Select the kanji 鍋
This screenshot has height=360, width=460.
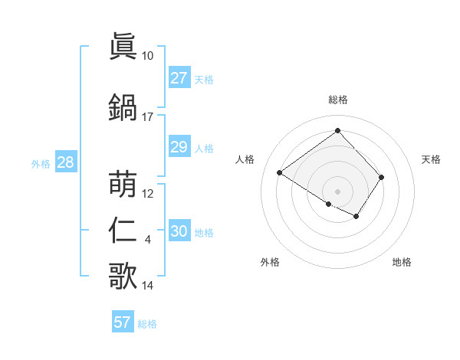tap(123, 107)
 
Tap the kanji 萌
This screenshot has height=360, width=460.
tap(123, 184)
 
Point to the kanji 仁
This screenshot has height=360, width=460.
tap(123, 231)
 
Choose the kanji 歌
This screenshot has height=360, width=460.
tap(123, 277)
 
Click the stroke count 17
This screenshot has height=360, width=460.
tap(147, 117)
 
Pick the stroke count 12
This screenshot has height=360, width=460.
tap(148, 194)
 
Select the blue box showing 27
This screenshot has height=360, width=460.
tap(179, 77)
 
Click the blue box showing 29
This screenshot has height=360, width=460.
tap(179, 146)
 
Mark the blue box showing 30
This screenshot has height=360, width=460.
tap(179, 231)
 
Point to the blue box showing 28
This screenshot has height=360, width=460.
tap(65, 162)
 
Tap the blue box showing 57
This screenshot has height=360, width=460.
tap(123, 322)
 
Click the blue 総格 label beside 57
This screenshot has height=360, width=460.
tap(148, 324)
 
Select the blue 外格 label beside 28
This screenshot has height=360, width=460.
tap(41, 163)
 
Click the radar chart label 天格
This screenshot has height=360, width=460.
tap(432, 159)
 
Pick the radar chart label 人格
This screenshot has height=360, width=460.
tap(245, 159)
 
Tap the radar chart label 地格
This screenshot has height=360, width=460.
tap(402, 262)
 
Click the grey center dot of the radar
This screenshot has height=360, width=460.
tap(337, 191)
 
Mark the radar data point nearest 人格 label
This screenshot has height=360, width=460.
tap(280, 172)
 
